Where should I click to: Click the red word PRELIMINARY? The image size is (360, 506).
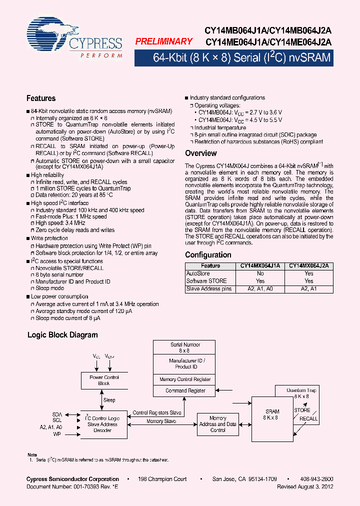(x=163, y=42)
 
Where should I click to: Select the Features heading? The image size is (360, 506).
(x=41, y=98)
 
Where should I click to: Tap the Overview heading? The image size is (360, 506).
(x=200, y=153)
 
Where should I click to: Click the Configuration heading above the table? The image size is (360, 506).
(x=208, y=255)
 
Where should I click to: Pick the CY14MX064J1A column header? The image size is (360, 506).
(x=260, y=266)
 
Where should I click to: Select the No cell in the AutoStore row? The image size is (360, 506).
(x=260, y=273)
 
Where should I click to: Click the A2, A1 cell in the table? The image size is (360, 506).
(x=309, y=289)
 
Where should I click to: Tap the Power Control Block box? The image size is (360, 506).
(x=104, y=380)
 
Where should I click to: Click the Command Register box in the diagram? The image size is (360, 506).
(x=185, y=390)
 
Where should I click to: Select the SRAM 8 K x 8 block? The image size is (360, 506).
(x=272, y=414)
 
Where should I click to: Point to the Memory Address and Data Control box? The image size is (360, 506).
(x=217, y=424)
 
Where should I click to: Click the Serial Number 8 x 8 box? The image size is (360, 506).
(x=185, y=347)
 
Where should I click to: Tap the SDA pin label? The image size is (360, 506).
(x=57, y=414)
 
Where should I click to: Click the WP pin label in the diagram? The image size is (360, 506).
(x=57, y=434)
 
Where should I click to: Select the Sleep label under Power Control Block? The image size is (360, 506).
(x=109, y=400)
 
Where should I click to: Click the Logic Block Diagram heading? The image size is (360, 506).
(x=62, y=335)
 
